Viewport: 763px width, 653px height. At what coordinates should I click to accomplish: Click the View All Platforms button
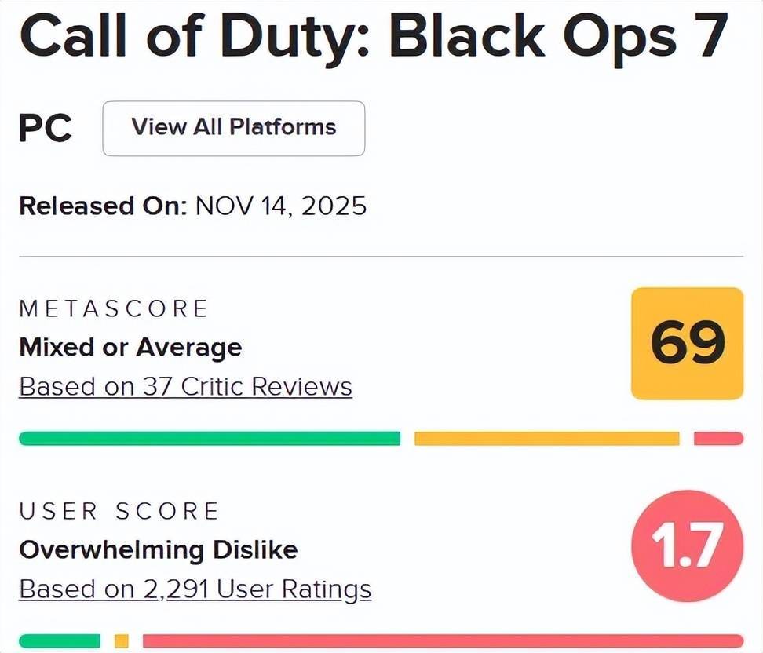click(234, 128)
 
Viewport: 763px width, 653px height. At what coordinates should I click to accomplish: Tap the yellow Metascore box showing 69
click(688, 343)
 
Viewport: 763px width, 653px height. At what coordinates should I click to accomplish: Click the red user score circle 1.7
click(688, 545)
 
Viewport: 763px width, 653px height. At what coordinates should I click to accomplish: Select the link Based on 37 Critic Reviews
click(185, 387)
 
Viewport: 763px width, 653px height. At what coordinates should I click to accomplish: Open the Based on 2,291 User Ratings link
click(195, 589)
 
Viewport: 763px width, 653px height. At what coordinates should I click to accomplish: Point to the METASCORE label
click(114, 308)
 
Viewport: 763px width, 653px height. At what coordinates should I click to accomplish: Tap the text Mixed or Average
click(130, 347)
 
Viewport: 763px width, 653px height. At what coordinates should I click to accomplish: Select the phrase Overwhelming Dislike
click(158, 549)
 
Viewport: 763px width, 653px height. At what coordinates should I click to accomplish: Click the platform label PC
click(46, 128)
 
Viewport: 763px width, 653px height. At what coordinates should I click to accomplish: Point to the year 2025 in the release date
click(335, 206)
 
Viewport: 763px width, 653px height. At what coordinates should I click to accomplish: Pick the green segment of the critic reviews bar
click(210, 438)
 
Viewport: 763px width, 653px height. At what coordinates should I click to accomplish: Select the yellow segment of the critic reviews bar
click(546, 438)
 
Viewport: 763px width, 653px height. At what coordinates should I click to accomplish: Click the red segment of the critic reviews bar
click(718, 438)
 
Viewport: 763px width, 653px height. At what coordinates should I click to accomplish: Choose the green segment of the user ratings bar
click(60, 640)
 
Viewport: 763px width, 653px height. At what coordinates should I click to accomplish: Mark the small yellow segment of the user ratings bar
click(121, 640)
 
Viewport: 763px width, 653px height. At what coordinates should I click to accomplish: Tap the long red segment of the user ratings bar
click(443, 640)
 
